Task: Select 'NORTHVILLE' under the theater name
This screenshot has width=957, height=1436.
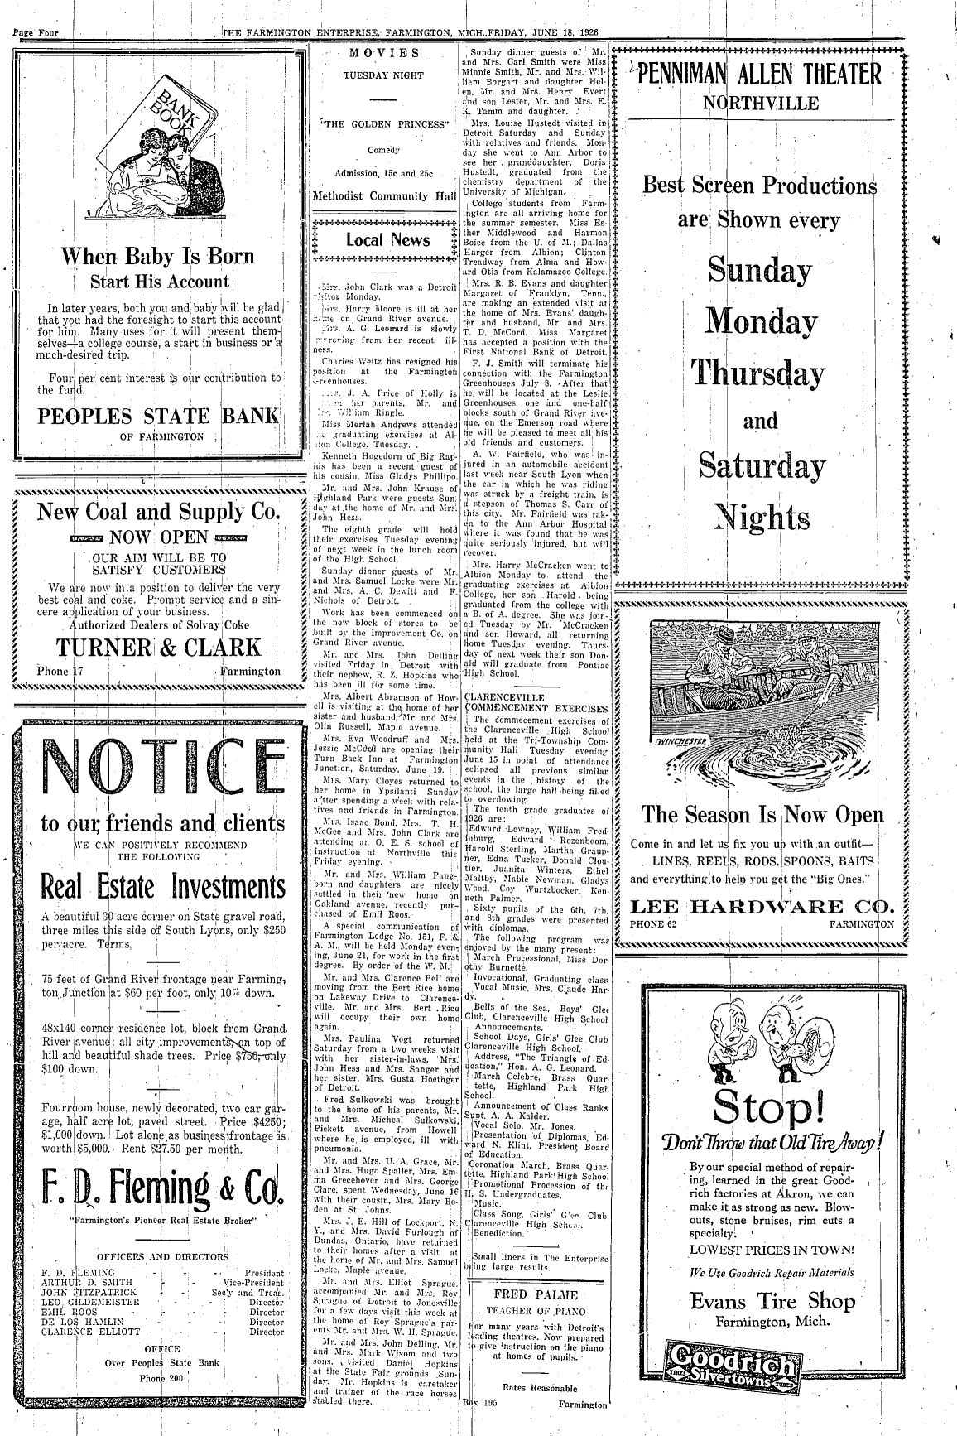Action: [761, 104]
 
